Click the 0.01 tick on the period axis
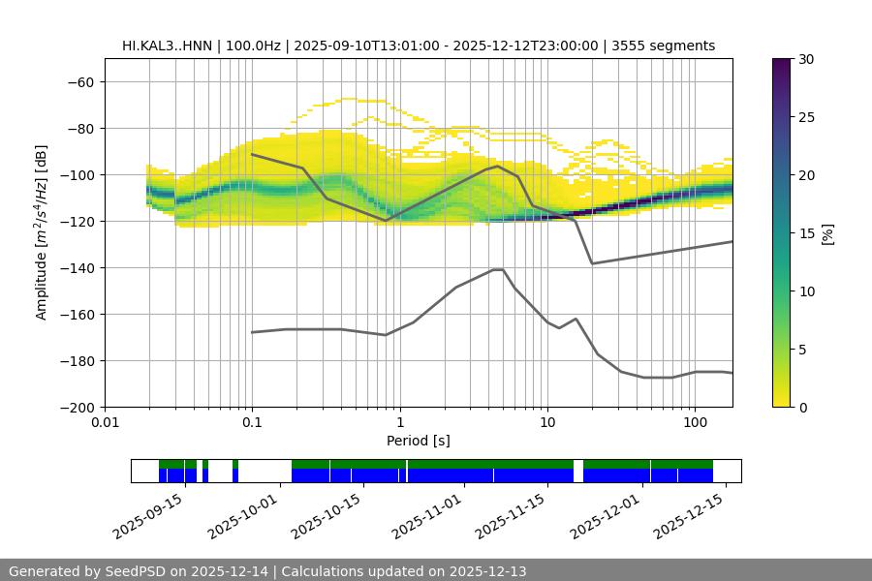tap(105, 423)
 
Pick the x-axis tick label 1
tap(399, 423)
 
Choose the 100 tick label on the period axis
tap(695, 423)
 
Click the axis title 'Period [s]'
tap(419, 441)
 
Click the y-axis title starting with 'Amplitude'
tap(42, 232)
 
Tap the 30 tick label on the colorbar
tap(806, 59)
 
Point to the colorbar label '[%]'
tap(827, 233)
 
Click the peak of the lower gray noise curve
tap(498, 269)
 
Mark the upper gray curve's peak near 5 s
tap(498, 166)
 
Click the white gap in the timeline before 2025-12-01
tap(578, 471)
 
